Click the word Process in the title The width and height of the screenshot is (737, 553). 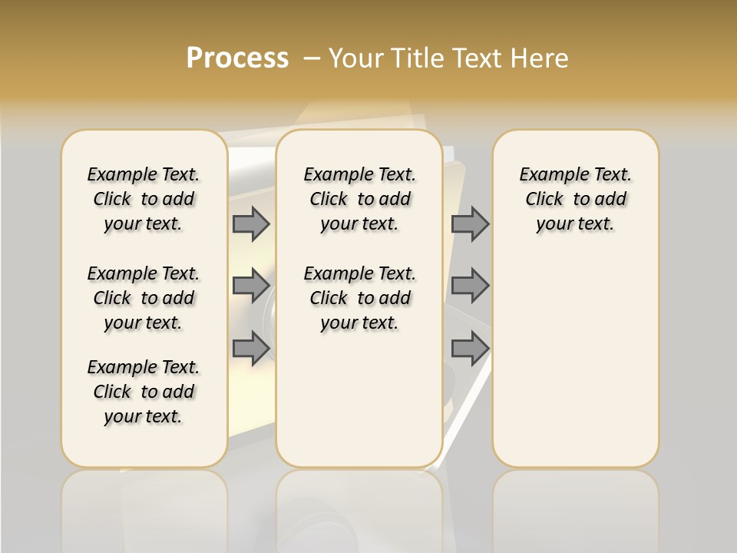coord(237,58)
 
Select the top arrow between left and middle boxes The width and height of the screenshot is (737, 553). coord(251,224)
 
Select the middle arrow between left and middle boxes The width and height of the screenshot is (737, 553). coord(251,286)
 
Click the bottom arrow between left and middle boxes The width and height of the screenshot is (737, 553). coord(251,347)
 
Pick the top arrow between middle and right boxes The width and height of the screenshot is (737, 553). coord(470,224)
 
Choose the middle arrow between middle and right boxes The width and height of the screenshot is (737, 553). coord(470,286)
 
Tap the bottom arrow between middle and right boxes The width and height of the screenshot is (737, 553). coord(470,349)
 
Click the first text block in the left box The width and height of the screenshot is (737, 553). coord(144,199)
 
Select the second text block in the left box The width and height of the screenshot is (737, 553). coord(144,298)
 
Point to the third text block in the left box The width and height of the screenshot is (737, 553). coord(144,392)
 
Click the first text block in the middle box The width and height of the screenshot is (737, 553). coord(359,199)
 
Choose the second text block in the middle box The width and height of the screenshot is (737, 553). coord(359,298)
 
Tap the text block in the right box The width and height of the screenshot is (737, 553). coord(575,199)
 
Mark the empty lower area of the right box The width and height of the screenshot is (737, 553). coord(575,353)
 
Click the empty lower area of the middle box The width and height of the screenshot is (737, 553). coord(359,399)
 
